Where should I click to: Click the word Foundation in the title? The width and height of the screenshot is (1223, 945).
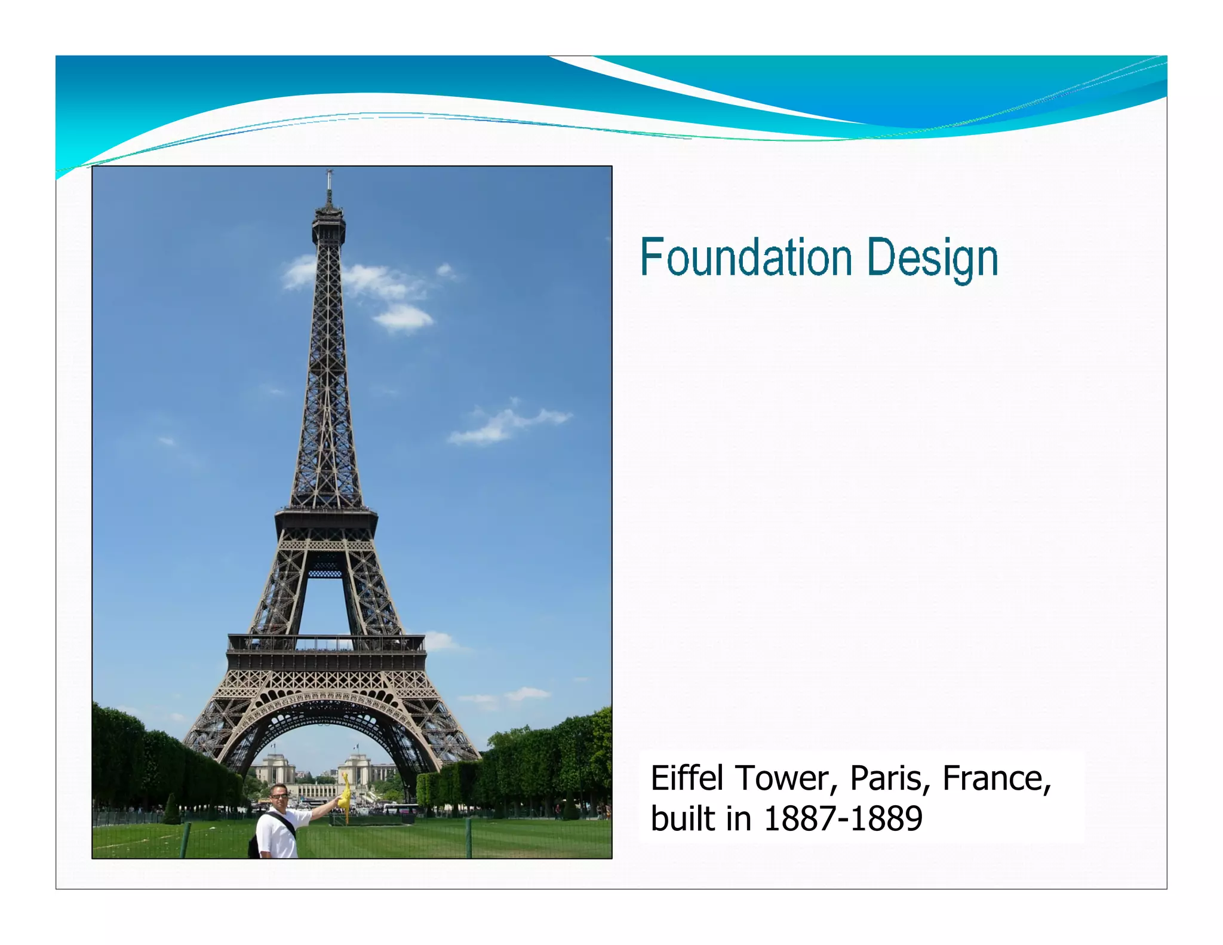click(x=746, y=258)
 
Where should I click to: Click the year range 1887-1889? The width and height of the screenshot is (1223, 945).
click(x=843, y=818)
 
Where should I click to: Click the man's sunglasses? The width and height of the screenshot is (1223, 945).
click(x=279, y=796)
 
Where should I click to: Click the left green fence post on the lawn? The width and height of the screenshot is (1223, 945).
click(x=186, y=839)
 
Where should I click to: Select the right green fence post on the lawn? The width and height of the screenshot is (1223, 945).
click(x=469, y=836)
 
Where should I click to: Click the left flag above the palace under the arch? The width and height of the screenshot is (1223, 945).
click(x=274, y=745)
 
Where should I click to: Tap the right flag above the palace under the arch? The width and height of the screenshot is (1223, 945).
click(x=356, y=745)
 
